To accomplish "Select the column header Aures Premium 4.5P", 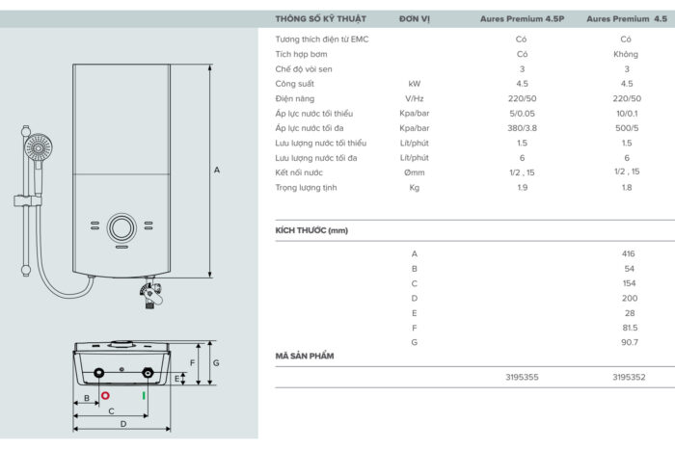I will point(521,18).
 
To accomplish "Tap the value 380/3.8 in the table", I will point(522,128).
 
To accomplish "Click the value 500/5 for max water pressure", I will point(627,128).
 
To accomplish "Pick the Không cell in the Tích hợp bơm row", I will point(627,54).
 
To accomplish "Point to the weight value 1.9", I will point(522,187).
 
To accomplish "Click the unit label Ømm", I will point(415,172).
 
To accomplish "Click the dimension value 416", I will point(629,253).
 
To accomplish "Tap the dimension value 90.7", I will point(629,342).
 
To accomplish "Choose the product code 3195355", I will point(522,378).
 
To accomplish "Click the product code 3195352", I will point(629,378).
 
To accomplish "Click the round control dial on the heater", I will point(122,228).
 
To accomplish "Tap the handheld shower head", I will point(38,147).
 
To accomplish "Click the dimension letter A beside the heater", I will point(217,171).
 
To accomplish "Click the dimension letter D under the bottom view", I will point(122,424).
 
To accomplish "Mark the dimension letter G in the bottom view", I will point(216,363).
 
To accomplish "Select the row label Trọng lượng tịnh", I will point(311,187).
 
